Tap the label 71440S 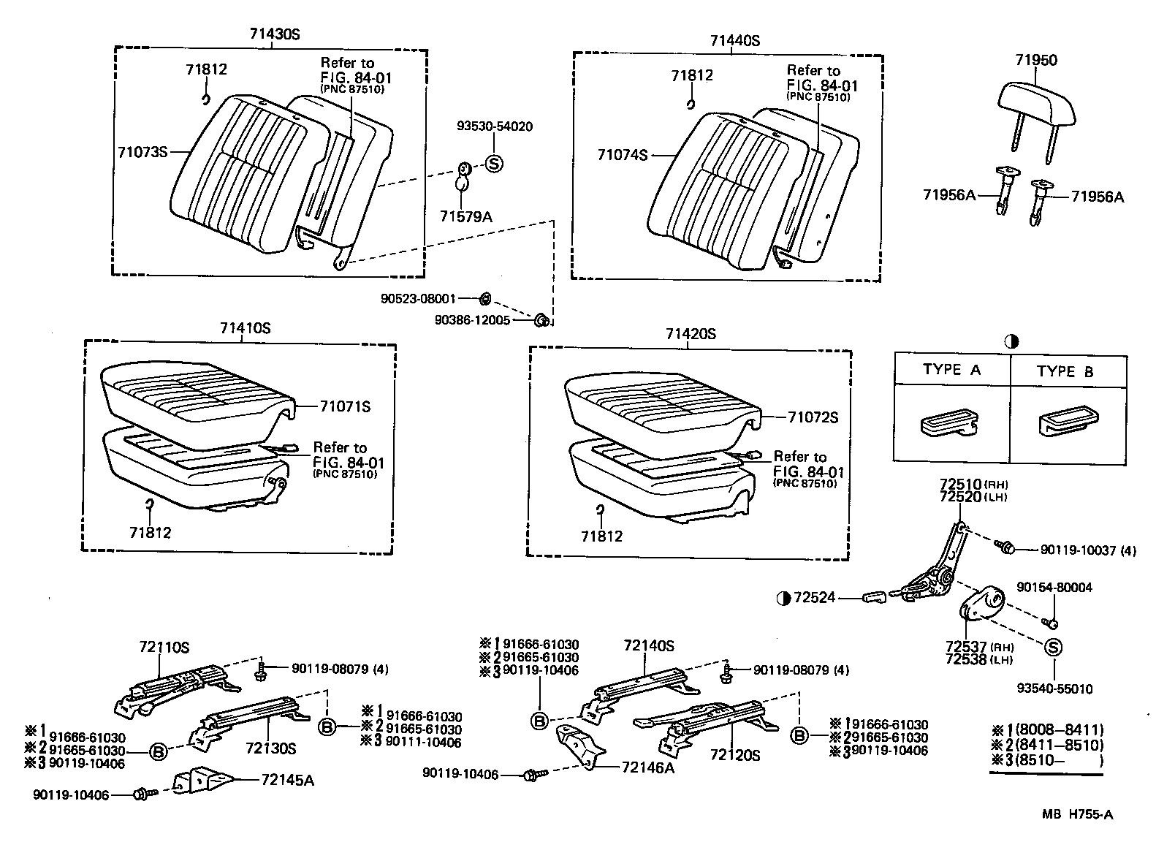coord(734,41)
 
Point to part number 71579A coord(466,216)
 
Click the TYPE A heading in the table coord(951,370)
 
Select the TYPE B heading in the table coord(1065,372)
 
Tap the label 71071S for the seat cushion coord(345,406)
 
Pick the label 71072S coord(813,417)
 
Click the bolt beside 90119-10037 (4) coord(1004,547)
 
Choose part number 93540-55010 coord(1054,689)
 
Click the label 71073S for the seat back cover coord(143,152)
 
